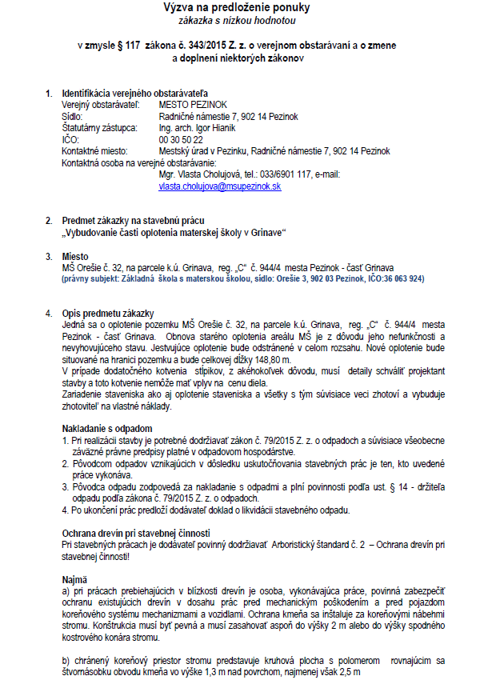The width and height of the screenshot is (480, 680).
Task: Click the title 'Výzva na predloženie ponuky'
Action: [x=237, y=8]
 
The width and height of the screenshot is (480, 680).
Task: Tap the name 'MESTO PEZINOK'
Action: [x=192, y=105]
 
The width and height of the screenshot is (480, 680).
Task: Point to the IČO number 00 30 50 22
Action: [x=181, y=139]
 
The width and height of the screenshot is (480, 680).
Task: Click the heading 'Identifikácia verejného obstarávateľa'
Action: [x=130, y=94]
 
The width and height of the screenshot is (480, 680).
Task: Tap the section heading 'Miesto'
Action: [x=75, y=256]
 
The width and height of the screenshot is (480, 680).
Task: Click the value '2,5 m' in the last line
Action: [x=350, y=673]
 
